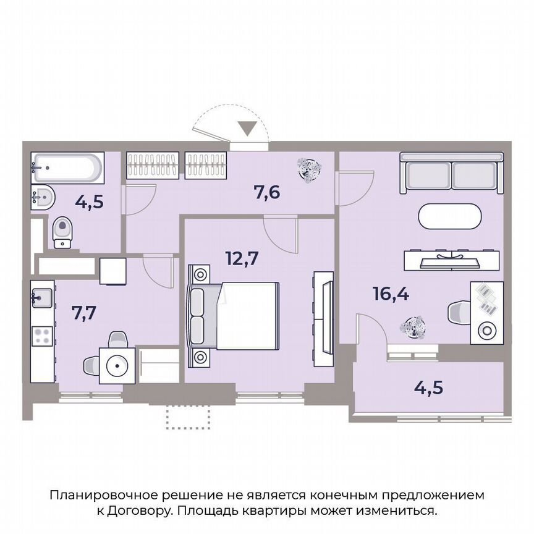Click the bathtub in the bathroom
pos(67,167)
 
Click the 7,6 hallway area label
pos(267,192)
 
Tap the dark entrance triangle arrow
pos(248,129)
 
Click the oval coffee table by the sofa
pos(449,217)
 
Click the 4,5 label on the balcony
pos(429,389)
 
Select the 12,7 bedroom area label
pos(242,259)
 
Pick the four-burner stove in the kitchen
pos(42,336)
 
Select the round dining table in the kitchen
pos(117,365)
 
